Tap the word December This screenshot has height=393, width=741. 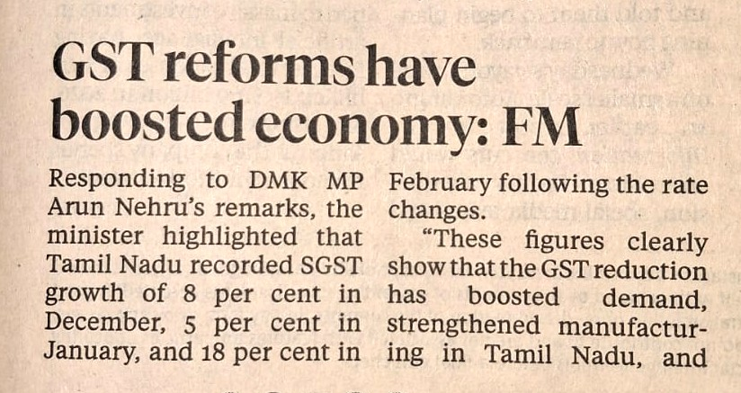[94, 322]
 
